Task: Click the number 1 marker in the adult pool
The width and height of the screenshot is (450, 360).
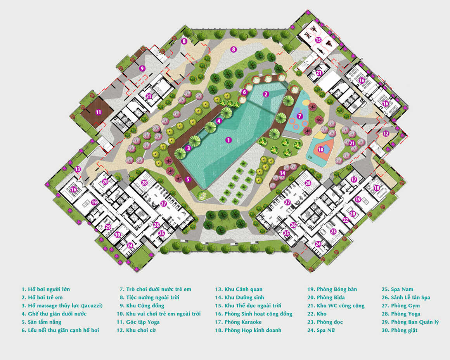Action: (229, 140)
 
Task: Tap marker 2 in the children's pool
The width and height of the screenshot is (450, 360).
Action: (266, 94)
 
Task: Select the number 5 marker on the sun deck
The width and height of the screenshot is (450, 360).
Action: (188, 179)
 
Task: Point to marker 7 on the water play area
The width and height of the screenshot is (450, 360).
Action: (299, 116)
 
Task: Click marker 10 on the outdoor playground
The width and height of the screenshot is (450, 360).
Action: (321, 149)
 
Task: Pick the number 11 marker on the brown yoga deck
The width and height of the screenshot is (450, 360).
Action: (99, 112)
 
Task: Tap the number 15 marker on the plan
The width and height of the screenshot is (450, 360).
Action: (318, 40)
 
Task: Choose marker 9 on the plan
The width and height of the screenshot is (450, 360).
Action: (142, 68)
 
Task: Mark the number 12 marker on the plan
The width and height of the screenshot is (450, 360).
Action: (386, 133)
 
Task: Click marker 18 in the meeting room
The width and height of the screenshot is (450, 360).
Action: (377, 188)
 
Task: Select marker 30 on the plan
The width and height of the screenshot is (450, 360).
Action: (118, 234)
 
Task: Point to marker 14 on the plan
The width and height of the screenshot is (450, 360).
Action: (282, 173)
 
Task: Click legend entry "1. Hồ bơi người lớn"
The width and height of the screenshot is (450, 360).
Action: (46, 289)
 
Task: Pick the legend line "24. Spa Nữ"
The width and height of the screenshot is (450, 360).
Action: (321, 330)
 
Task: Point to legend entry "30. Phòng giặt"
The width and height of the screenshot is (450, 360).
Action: (400, 330)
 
